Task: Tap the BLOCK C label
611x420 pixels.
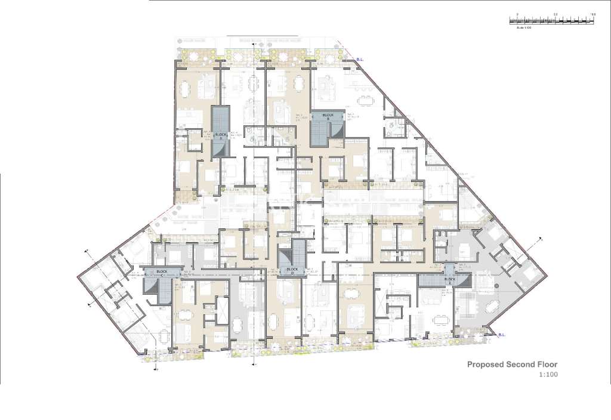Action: point(161,271)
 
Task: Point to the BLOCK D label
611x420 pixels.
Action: point(292,269)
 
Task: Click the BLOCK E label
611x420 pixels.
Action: point(450,279)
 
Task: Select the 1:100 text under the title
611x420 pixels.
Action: point(548,375)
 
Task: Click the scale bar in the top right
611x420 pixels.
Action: point(552,20)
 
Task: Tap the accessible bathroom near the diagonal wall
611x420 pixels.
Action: point(394,124)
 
